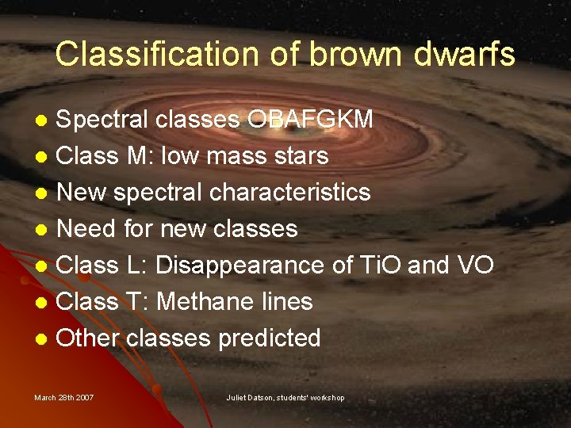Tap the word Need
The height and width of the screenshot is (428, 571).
pos(86,229)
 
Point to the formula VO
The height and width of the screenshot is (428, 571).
pos(474,266)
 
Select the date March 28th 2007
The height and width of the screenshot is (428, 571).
pos(63,397)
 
